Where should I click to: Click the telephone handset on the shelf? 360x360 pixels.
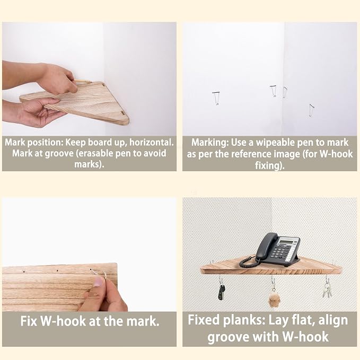click(x=266, y=247)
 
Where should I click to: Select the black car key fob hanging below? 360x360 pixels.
click(x=221, y=292)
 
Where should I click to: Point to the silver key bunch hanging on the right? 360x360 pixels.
click(x=327, y=289)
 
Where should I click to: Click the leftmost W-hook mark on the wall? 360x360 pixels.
click(x=216, y=98)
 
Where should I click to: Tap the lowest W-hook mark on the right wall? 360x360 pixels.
click(x=311, y=110)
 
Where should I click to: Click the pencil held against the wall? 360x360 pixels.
click(x=83, y=81)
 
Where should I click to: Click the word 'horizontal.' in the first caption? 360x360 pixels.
click(x=152, y=142)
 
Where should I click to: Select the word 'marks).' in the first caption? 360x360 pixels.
click(x=89, y=164)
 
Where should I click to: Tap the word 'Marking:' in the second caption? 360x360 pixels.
click(x=210, y=143)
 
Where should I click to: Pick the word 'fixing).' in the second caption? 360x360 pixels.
click(x=270, y=165)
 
